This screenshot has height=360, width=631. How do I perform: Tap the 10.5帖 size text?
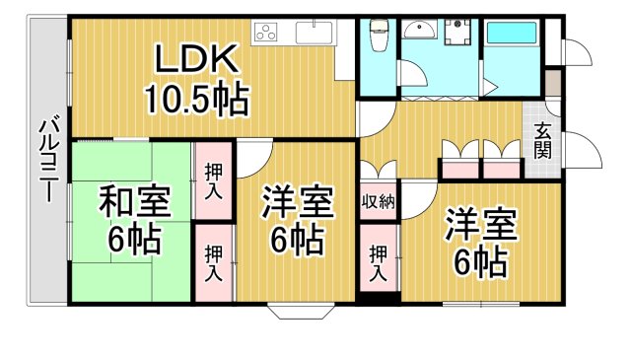pos(196,98)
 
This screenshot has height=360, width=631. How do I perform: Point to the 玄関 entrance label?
pos(544,140)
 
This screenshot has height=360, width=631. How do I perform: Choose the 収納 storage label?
pos(378,203)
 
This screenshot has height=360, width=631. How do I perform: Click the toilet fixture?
pos(378,38)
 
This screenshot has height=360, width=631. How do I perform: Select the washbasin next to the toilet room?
pos(422,30)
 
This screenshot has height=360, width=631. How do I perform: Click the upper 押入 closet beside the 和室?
pos(214,180)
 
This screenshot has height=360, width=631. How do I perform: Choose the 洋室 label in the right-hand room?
pos(480,224)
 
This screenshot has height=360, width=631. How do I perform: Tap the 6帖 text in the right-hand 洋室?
pos(480,261)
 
